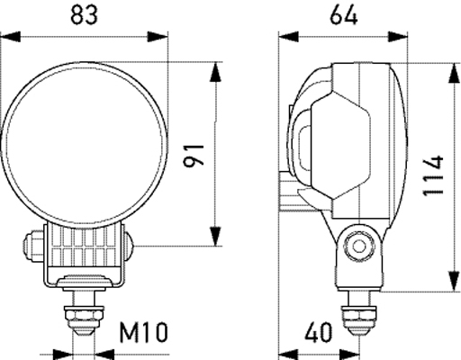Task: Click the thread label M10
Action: point(143,334)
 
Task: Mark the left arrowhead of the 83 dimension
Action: point(8,37)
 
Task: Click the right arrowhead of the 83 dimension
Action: point(162,37)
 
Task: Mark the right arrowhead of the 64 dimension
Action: point(400,37)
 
